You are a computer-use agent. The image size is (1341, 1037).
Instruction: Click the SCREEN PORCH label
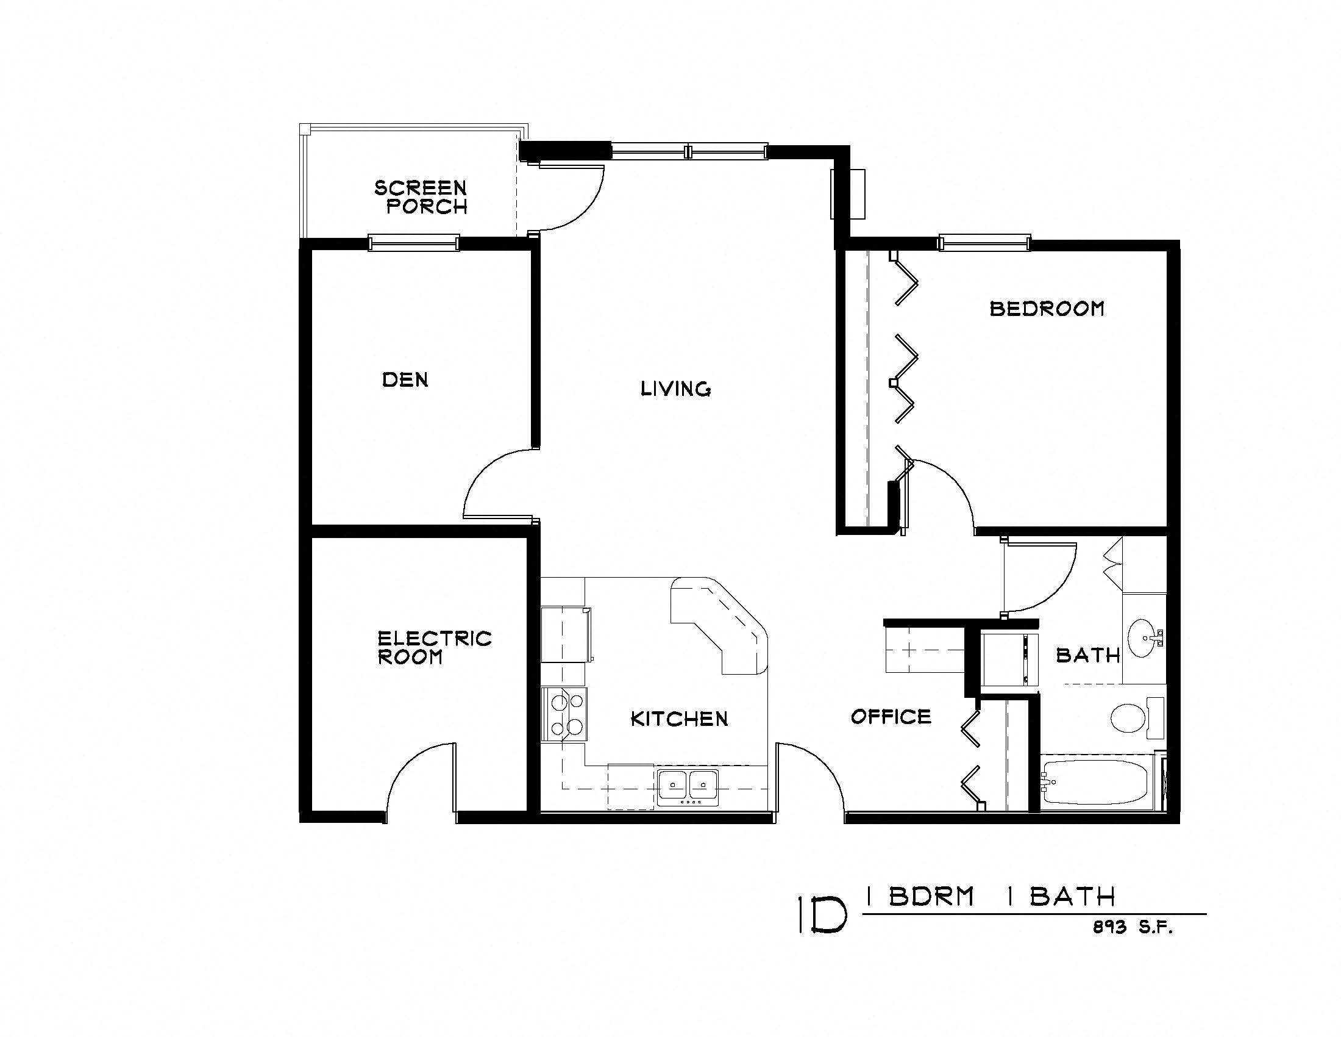click(x=421, y=196)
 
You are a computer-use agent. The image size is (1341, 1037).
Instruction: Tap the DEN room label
click(x=405, y=379)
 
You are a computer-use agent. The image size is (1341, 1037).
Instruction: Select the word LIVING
click(x=675, y=389)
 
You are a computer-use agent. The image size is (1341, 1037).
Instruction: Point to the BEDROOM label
click(x=1047, y=309)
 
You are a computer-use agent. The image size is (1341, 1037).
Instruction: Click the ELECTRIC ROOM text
click(x=434, y=647)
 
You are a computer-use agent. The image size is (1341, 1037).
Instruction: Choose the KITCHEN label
click(x=679, y=719)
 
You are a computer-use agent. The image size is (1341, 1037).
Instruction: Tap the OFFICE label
click(x=891, y=716)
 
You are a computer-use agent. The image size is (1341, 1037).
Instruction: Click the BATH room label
click(x=1088, y=656)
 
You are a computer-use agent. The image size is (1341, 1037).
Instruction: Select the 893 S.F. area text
click(x=1133, y=928)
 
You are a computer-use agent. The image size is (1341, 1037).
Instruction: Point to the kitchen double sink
click(x=688, y=787)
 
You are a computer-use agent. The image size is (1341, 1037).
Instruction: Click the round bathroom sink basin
click(x=1142, y=638)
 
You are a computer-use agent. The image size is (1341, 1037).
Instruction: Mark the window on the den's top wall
click(x=413, y=243)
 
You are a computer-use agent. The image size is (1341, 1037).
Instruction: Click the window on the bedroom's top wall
click(x=984, y=243)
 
